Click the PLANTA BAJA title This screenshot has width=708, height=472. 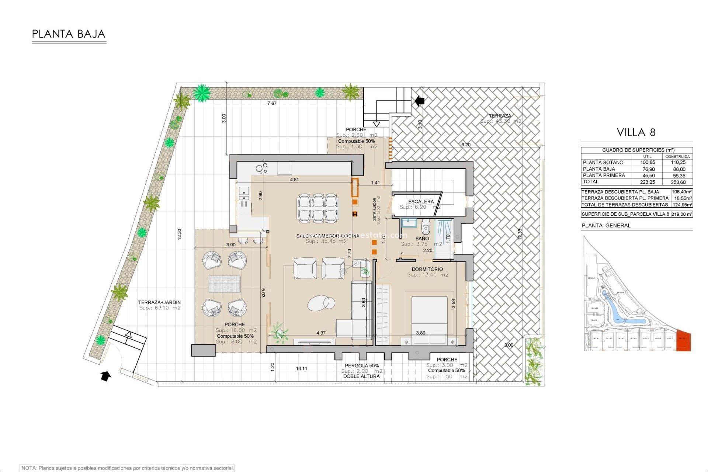69,34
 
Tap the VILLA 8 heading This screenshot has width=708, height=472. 636,132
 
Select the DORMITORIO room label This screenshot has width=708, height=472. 427,269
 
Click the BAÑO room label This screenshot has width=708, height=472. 422,239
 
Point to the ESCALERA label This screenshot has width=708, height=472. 421,201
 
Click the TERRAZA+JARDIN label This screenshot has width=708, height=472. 159,302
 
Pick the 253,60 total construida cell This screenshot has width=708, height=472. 678,182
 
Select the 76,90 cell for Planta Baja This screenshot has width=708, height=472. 649,169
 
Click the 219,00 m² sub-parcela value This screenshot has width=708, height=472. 681,214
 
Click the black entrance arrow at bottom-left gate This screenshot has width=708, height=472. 105,376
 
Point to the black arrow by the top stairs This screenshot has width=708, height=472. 419,101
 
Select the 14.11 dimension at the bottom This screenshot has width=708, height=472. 301,368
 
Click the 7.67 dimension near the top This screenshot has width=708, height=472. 272,103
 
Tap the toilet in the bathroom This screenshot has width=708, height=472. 426,228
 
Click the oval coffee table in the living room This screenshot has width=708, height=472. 321,303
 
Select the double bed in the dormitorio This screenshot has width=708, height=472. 429,316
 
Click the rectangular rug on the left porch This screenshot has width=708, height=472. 225,284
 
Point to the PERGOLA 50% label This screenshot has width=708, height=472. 361,365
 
